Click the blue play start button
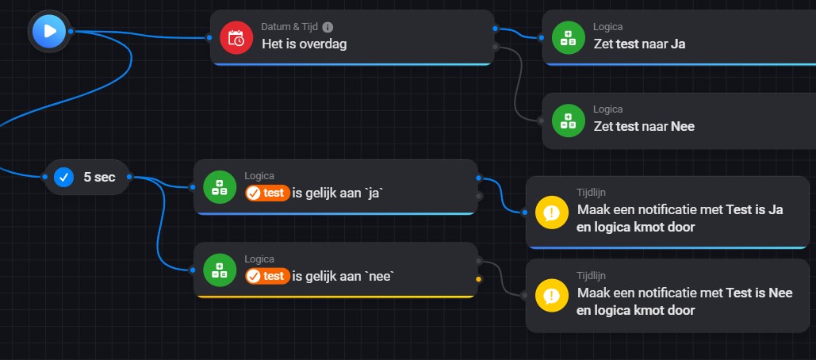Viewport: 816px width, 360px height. click(x=49, y=31)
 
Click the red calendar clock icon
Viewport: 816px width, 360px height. click(x=236, y=36)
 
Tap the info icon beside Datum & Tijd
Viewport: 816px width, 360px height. click(x=328, y=27)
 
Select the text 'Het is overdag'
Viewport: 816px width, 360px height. click(x=304, y=44)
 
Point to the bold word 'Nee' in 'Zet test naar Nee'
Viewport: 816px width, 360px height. click(x=683, y=126)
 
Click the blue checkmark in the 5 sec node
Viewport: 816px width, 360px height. click(x=64, y=177)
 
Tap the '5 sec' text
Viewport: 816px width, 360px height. click(x=100, y=177)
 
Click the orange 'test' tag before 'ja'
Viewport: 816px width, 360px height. click(x=267, y=193)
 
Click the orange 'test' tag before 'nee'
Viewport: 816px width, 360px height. click(x=267, y=276)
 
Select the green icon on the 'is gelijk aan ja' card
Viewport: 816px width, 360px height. click(x=220, y=186)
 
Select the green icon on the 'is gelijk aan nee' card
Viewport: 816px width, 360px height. click(x=220, y=270)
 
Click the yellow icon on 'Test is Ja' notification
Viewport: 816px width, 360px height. click(x=552, y=213)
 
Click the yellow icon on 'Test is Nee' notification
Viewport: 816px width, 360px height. click(x=552, y=296)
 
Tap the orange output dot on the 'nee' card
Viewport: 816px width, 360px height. click(x=478, y=279)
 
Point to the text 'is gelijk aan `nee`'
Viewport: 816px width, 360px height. click(x=343, y=276)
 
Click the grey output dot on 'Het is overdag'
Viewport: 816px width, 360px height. click(x=496, y=47)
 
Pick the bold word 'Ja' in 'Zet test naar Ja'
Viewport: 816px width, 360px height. click(x=678, y=44)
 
